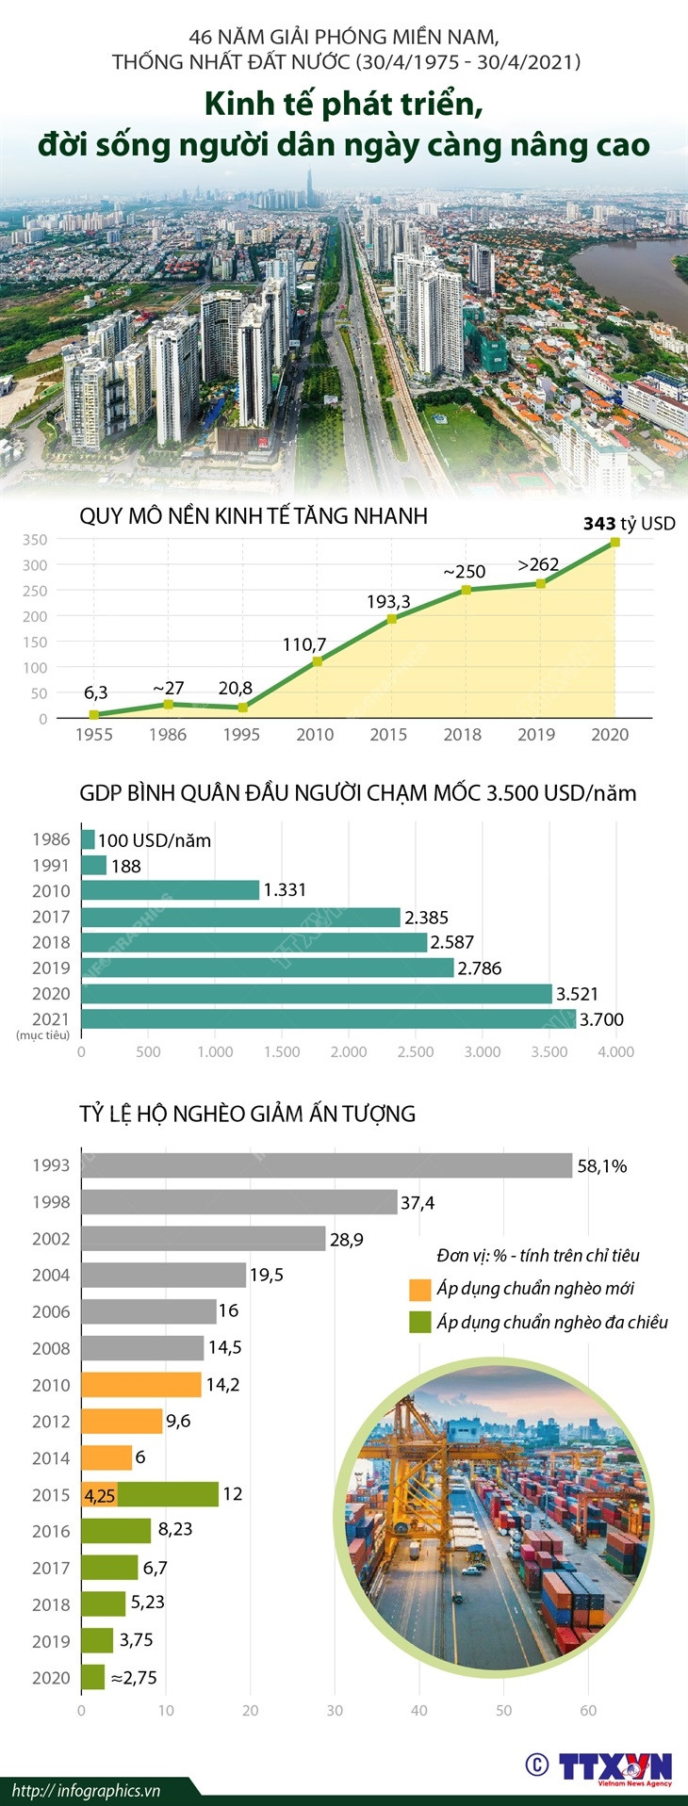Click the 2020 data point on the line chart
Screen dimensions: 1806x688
click(x=614, y=542)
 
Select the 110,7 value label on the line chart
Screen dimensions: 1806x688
click(x=303, y=645)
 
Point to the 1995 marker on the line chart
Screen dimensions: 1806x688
click(x=242, y=708)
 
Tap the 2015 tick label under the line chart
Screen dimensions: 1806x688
click(x=388, y=735)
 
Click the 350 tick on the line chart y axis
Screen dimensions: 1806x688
click(x=35, y=540)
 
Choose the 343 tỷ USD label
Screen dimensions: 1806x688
click(x=629, y=524)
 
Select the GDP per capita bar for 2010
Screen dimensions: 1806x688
click(x=171, y=890)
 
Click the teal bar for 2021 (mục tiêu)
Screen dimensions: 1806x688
click(x=328, y=1019)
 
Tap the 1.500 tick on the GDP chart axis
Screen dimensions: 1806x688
click(x=281, y=1052)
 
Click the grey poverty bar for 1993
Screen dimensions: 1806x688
click(x=326, y=1165)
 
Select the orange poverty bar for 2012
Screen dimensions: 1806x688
click(x=122, y=1422)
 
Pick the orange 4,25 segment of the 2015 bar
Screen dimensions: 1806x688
click(x=99, y=1495)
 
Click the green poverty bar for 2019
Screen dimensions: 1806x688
click(x=97, y=1641)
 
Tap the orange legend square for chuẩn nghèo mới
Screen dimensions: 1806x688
click(x=419, y=1290)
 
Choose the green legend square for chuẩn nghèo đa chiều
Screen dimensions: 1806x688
click(x=419, y=1323)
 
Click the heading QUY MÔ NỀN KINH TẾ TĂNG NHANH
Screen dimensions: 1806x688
click(x=253, y=516)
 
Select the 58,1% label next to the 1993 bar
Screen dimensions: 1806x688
click(x=601, y=1166)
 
